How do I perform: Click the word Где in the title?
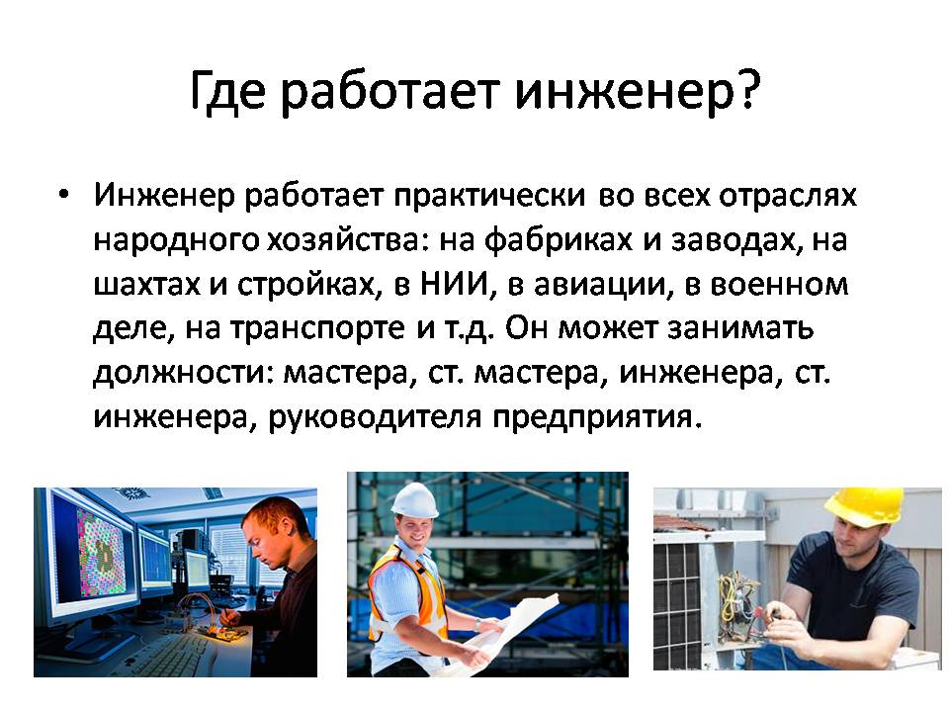(227, 92)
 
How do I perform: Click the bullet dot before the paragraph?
(63, 195)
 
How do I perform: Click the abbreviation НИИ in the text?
(454, 284)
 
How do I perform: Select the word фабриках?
(558, 240)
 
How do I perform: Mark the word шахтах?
(146, 285)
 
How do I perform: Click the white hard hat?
(414, 499)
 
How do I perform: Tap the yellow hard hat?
(867, 505)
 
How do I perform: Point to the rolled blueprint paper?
(508, 630)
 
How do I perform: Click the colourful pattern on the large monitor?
(101, 557)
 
